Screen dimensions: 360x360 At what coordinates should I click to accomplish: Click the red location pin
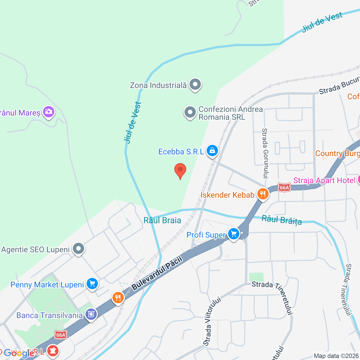[x=180, y=170]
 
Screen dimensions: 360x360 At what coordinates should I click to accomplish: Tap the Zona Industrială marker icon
[x=195, y=84]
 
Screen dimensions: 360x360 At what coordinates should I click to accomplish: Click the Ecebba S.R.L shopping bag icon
[x=212, y=151]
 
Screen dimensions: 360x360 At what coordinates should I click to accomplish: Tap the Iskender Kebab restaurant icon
[x=263, y=194]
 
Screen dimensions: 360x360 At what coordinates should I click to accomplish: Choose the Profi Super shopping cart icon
[x=234, y=234]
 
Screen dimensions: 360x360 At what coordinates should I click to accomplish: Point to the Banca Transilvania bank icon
[x=91, y=314]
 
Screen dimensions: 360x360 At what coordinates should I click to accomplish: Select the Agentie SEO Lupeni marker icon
[x=78, y=249]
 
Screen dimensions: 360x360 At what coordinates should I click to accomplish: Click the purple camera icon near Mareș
[x=49, y=112]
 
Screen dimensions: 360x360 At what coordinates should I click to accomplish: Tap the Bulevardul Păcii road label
[x=157, y=273]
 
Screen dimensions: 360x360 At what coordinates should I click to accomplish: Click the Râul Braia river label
[x=162, y=220]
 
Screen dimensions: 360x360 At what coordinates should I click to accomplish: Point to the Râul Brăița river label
[x=282, y=220]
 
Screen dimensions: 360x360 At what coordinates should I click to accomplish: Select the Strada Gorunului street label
[x=265, y=153]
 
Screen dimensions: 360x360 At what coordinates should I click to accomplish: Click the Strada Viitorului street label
[x=212, y=321]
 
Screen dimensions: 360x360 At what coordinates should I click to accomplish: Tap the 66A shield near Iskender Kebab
[x=284, y=188]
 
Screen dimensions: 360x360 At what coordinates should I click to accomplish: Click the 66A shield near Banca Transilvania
[x=61, y=335]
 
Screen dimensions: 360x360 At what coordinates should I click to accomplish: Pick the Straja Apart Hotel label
[x=324, y=180]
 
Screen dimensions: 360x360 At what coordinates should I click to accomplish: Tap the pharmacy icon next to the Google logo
[x=52, y=350]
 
